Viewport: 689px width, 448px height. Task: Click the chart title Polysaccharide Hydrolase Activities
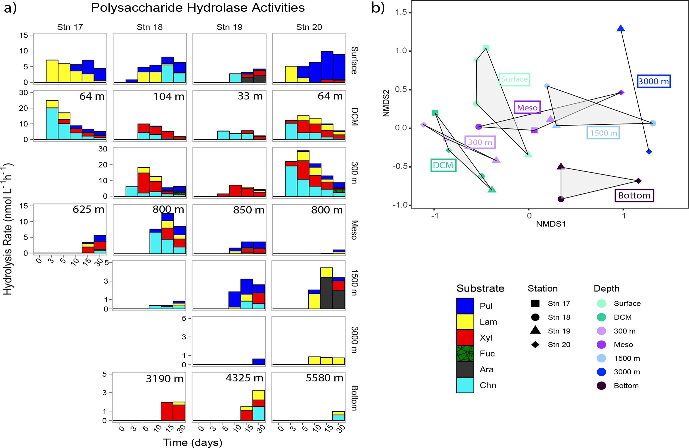click(x=198, y=8)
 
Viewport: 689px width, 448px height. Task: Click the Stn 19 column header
click(x=229, y=27)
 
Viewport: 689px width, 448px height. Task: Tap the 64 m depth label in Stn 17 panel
click(x=92, y=97)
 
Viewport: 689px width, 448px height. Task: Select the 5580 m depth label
click(x=324, y=378)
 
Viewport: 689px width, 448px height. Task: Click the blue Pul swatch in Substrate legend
click(x=465, y=306)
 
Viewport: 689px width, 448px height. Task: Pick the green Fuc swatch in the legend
click(x=465, y=354)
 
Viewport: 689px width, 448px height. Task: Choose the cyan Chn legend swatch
click(x=465, y=385)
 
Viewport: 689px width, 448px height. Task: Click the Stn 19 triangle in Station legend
click(x=535, y=330)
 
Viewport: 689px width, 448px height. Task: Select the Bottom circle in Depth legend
click(x=601, y=386)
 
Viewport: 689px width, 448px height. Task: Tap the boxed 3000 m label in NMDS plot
click(x=653, y=81)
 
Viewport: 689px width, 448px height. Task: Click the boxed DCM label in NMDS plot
click(x=443, y=165)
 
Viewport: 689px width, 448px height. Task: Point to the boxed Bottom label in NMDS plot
click(x=634, y=195)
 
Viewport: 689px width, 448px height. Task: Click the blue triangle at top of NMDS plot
click(x=621, y=29)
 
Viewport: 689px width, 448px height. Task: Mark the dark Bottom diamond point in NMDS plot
click(x=638, y=181)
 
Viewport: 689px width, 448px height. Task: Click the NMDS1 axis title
click(x=551, y=224)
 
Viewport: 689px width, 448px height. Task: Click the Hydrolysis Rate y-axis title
click(x=8, y=229)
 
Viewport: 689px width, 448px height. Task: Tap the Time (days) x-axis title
click(x=192, y=442)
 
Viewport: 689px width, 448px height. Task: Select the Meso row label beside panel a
click(x=354, y=230)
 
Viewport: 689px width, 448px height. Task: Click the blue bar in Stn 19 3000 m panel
click(x=259, y=362)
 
